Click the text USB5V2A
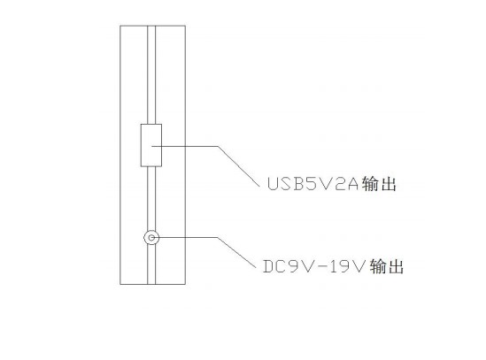coord(313,183)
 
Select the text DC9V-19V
coord(313,266)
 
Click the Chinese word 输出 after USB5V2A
coord(379,183)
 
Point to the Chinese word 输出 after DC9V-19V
coord(387,266)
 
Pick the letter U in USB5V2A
coord(273,183)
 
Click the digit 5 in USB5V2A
coord(312,183)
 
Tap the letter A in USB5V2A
coord(352,183)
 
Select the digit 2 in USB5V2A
coord(339,183)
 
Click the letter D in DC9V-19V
coord(268,266)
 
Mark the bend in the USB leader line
coord(218,146)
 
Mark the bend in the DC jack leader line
coord(218,238)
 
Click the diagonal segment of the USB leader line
coord(239,166)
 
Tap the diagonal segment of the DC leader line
coord(236,252)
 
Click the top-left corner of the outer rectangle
coord(120,26)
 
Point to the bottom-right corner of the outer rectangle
coord(185,284)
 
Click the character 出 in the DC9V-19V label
coord(396,266)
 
